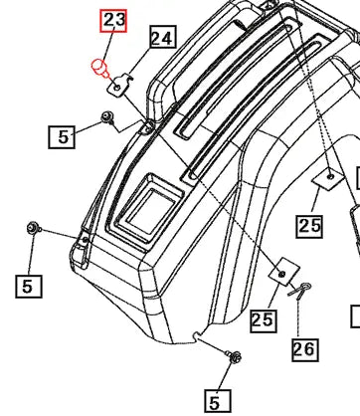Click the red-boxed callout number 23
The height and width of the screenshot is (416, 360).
coord(114,21)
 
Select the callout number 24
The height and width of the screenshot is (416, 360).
coord(162,39)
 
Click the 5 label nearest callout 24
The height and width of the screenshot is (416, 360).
coord(65,136)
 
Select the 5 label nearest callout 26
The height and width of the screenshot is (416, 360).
coord(216,402)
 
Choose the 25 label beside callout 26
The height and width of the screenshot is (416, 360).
coord(263,319)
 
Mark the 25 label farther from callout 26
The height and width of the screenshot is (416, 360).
coord(309,226)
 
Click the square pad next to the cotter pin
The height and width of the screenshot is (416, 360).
coord(281,273)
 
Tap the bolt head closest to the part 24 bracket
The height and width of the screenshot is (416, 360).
coord(105,120)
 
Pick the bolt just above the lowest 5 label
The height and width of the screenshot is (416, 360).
coord(234,356)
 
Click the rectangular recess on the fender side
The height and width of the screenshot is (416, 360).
coord(146,193)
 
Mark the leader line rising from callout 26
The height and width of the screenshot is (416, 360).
coord(301,316)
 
